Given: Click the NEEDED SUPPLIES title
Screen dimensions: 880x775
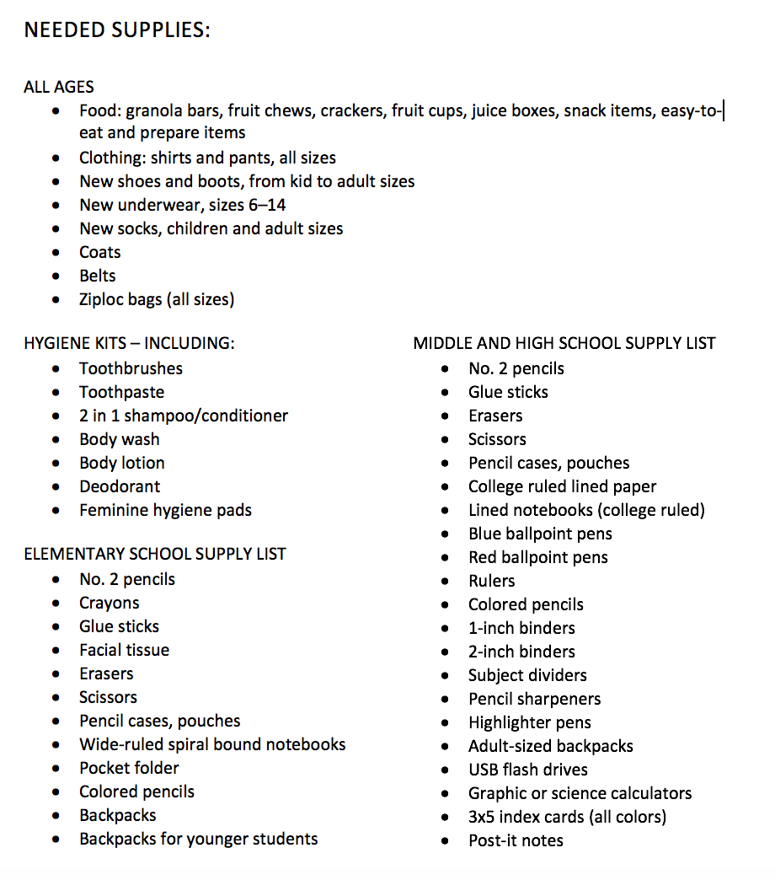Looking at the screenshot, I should click(116, 30).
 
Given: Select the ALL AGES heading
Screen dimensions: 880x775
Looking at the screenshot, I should click(59, 87).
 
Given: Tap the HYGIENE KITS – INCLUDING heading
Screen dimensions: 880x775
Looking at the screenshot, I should click(129, 343).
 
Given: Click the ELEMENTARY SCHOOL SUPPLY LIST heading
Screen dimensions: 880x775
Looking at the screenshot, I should click(155, 554).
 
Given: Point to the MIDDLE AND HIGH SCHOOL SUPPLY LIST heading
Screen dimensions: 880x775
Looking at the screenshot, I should click(564, 343).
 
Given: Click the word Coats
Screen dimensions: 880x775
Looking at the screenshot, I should click(100, 252).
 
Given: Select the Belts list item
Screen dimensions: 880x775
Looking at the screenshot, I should click(98, 276).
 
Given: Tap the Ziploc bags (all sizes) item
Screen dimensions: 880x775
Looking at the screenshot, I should click(157, 299).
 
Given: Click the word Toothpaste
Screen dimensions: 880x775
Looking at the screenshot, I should click(122, 392).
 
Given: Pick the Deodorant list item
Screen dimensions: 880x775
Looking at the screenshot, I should click(120, 486).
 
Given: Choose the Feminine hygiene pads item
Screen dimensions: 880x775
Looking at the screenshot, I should click(165, 510).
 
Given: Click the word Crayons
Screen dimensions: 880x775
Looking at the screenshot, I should click(110, 603).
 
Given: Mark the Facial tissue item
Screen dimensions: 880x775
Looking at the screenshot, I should click(125, 650).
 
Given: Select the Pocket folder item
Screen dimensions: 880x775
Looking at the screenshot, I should click(129, 768).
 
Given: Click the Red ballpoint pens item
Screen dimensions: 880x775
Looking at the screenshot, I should click(538, 557).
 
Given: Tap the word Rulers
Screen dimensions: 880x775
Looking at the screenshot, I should click(492, 581).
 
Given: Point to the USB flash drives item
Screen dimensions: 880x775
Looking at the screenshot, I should click(528, 770).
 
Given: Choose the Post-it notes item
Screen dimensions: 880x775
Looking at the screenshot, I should click(516, 840).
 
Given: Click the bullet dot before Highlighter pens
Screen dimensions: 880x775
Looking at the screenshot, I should click(445, 723).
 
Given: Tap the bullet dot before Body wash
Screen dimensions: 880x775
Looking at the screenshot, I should click(56, 440).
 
